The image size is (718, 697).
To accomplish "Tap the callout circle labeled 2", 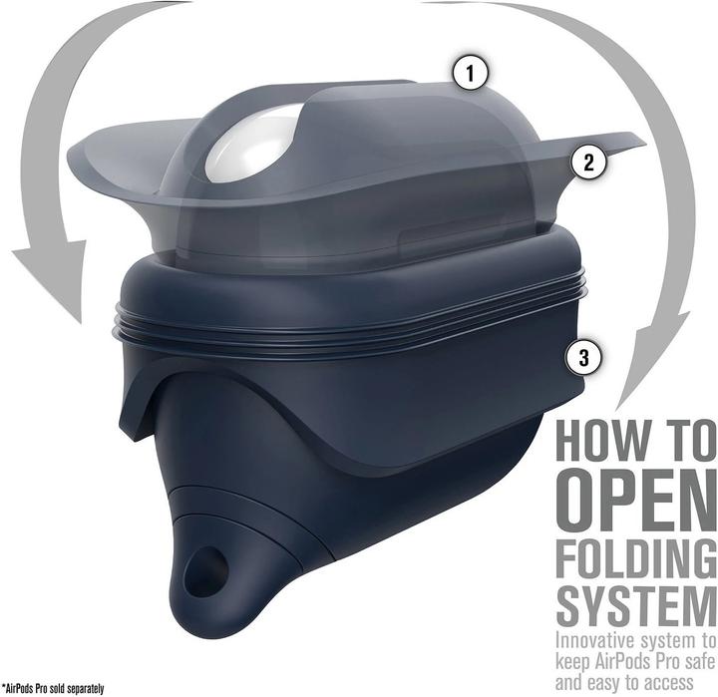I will (589, 163).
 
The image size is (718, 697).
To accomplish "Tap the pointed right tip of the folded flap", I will (642, 145).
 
